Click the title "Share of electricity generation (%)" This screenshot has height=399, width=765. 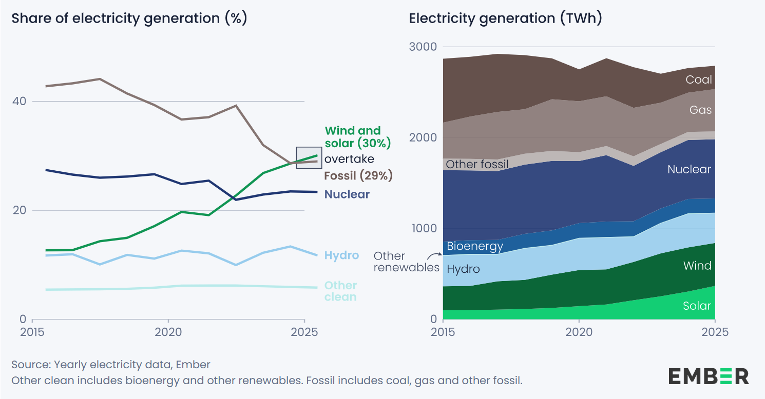[129, 18]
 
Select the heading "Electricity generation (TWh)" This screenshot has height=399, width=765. [505, 18]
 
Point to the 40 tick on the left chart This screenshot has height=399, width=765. [19, 101]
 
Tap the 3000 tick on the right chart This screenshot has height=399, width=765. [423, 47]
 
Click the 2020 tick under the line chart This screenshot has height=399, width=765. [168, 331]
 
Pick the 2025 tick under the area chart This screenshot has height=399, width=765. [715, 331]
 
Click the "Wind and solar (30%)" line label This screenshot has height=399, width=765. [357, 136]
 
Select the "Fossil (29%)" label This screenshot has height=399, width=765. [358, 175]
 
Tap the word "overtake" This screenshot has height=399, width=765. [349, 158]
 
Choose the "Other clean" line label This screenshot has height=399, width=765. [340, 291]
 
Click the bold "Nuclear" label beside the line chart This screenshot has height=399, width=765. [347, 194]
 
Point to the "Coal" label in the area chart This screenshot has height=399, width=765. [699, 79]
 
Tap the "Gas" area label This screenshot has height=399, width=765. [701, 110]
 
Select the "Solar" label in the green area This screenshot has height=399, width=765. [697, 306]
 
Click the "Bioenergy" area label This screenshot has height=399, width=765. [475, 246]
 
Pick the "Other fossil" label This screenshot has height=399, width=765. [477, 164]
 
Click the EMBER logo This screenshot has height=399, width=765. [709, 376]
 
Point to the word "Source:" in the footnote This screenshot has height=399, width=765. [31, 365]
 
